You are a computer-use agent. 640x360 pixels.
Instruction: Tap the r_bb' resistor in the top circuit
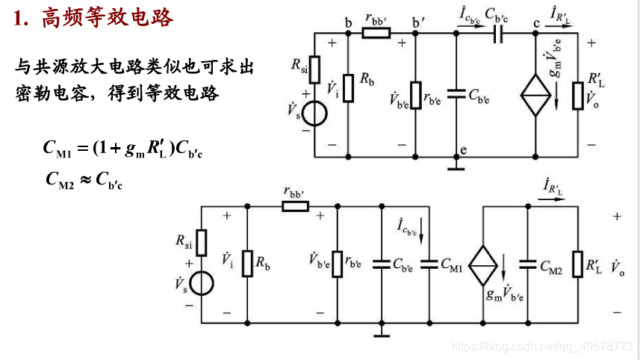pyautogui.click(x=375, y=33)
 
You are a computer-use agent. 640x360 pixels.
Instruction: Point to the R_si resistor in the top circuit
pyautogui.click(x=314, y=67)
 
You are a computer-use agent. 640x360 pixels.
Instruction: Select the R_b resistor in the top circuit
pyautogui.click(x=348, y=87)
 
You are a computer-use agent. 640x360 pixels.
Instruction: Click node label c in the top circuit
pyautogui.click(x=536, y=23)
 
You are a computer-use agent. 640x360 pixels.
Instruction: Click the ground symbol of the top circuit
pyautogui.click(x=456, y=166)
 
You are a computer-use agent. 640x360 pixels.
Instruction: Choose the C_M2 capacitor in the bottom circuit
pyautogui.click(x=528, y=264)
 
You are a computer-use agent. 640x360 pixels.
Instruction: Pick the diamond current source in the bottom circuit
pyautogui.click(x=485, y=264)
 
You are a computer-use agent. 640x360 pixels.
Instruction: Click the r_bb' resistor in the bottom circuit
pyautogui.click(x=295, y=205)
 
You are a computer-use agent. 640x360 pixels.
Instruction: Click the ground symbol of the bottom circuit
pyautogui.click(x=381, y=334)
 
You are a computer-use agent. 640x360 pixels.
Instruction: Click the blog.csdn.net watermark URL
pyautogui.click(x=544, y=347)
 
